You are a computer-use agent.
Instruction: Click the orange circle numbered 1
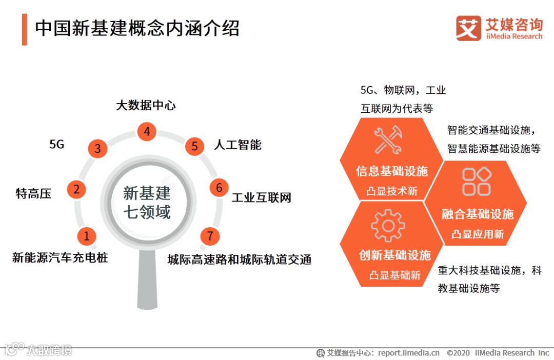(x=87, y=236)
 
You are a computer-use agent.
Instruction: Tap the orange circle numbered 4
(x=147, y=132)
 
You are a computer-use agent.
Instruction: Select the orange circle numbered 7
(x=210, y=236)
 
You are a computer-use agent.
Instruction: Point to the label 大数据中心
(x=146, y=106)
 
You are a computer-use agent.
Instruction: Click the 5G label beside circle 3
(x=57, y=144)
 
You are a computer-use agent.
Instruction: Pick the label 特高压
(x=34, y=193)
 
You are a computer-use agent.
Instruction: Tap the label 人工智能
(x=238, y=145)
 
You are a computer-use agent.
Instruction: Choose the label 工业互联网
(x=261, y=197)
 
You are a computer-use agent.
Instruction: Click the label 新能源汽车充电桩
(x=60, y=257)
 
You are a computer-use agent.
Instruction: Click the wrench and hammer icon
(x=388, y=140)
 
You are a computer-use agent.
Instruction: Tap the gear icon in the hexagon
(x=388, y=225)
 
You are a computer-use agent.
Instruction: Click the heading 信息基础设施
(x=392, y=171)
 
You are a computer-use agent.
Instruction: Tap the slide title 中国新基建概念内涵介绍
(x=137, y=29)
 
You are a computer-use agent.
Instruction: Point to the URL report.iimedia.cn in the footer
(x=409, y=353)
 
